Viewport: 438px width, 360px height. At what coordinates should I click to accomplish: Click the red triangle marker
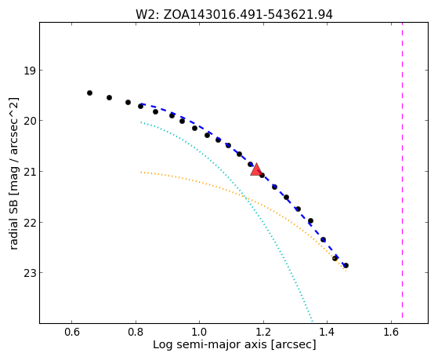coord(256,169)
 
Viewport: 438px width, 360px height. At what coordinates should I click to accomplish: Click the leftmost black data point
coord(89,93)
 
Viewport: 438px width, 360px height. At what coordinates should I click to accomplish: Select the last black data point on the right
coord(346,265)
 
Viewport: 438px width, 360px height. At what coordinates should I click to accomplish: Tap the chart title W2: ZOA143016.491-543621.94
coord(234,15)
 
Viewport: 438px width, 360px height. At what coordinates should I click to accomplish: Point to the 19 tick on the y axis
coord(29,71)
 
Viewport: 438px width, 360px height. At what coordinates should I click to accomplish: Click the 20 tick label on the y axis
coord(29,121)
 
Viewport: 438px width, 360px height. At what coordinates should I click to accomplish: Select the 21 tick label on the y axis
coord(29,172)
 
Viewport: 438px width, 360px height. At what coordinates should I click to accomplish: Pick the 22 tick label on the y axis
coord(29,223)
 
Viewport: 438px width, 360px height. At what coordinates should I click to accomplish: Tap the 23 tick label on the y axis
coord(29,273)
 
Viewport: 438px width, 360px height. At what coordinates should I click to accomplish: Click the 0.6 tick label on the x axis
coord(72,332)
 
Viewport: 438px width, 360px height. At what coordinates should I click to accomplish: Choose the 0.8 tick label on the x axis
coord(136,332)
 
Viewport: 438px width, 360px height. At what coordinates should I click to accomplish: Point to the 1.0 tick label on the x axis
coord(200,332)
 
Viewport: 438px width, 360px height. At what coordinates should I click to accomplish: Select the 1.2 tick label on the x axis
coord(263,332)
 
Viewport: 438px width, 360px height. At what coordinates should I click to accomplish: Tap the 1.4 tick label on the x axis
coord(327,332)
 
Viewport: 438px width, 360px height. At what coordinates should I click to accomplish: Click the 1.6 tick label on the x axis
coord(391,332)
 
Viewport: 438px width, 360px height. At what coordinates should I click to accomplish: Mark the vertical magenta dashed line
coord(402,170)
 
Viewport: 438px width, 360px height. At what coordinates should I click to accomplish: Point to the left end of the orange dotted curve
coord(141,173)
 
